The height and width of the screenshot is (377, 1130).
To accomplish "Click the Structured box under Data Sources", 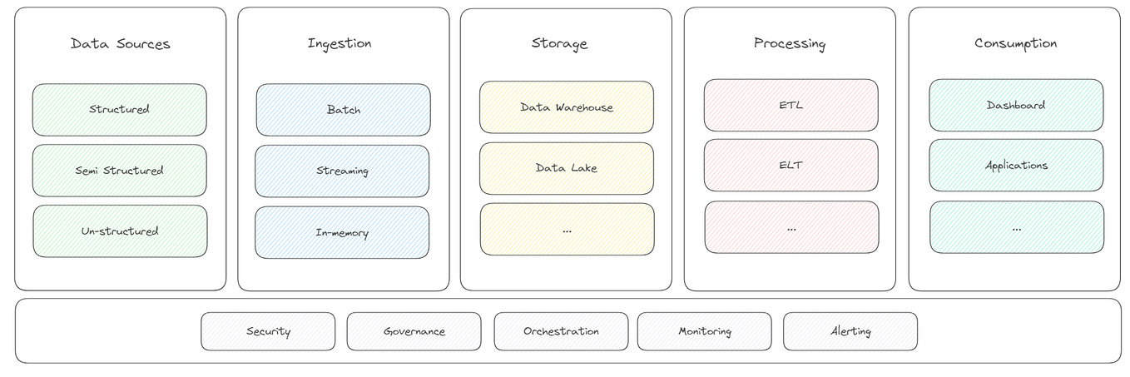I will tap(119, 109).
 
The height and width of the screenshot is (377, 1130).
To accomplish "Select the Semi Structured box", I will tap(119, 171).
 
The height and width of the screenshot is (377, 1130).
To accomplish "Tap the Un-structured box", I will tap(120, 231).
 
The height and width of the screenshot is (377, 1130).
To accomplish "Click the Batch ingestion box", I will tap(343, 110).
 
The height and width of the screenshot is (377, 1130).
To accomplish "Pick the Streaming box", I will tap(342, 171).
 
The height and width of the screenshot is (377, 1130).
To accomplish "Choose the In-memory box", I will tap(342, 233).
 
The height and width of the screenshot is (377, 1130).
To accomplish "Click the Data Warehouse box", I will tap(567, 107).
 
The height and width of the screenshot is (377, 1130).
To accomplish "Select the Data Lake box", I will tap(567, 168).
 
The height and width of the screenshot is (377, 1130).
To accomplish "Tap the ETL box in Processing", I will tap(791, 106).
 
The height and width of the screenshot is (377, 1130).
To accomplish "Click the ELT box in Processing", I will tap(791, 166).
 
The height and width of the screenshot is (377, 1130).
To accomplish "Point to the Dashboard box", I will tap(1016, 106).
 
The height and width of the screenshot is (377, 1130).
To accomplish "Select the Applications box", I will tap(1016, 166).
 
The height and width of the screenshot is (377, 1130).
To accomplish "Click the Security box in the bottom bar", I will tap(268, 331).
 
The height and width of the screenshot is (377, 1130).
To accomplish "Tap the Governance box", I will tap(414, 331).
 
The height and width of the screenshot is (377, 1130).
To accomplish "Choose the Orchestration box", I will tap(561, 331).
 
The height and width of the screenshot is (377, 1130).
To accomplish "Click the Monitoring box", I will tap(704, 331).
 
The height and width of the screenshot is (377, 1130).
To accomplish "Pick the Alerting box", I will tap(850, 331).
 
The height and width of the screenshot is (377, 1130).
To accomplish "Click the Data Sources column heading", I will tap(120, 44).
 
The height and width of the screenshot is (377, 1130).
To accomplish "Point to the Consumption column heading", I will tap(1015, 43).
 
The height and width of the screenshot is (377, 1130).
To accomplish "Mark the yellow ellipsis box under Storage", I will tap(567, 230).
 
